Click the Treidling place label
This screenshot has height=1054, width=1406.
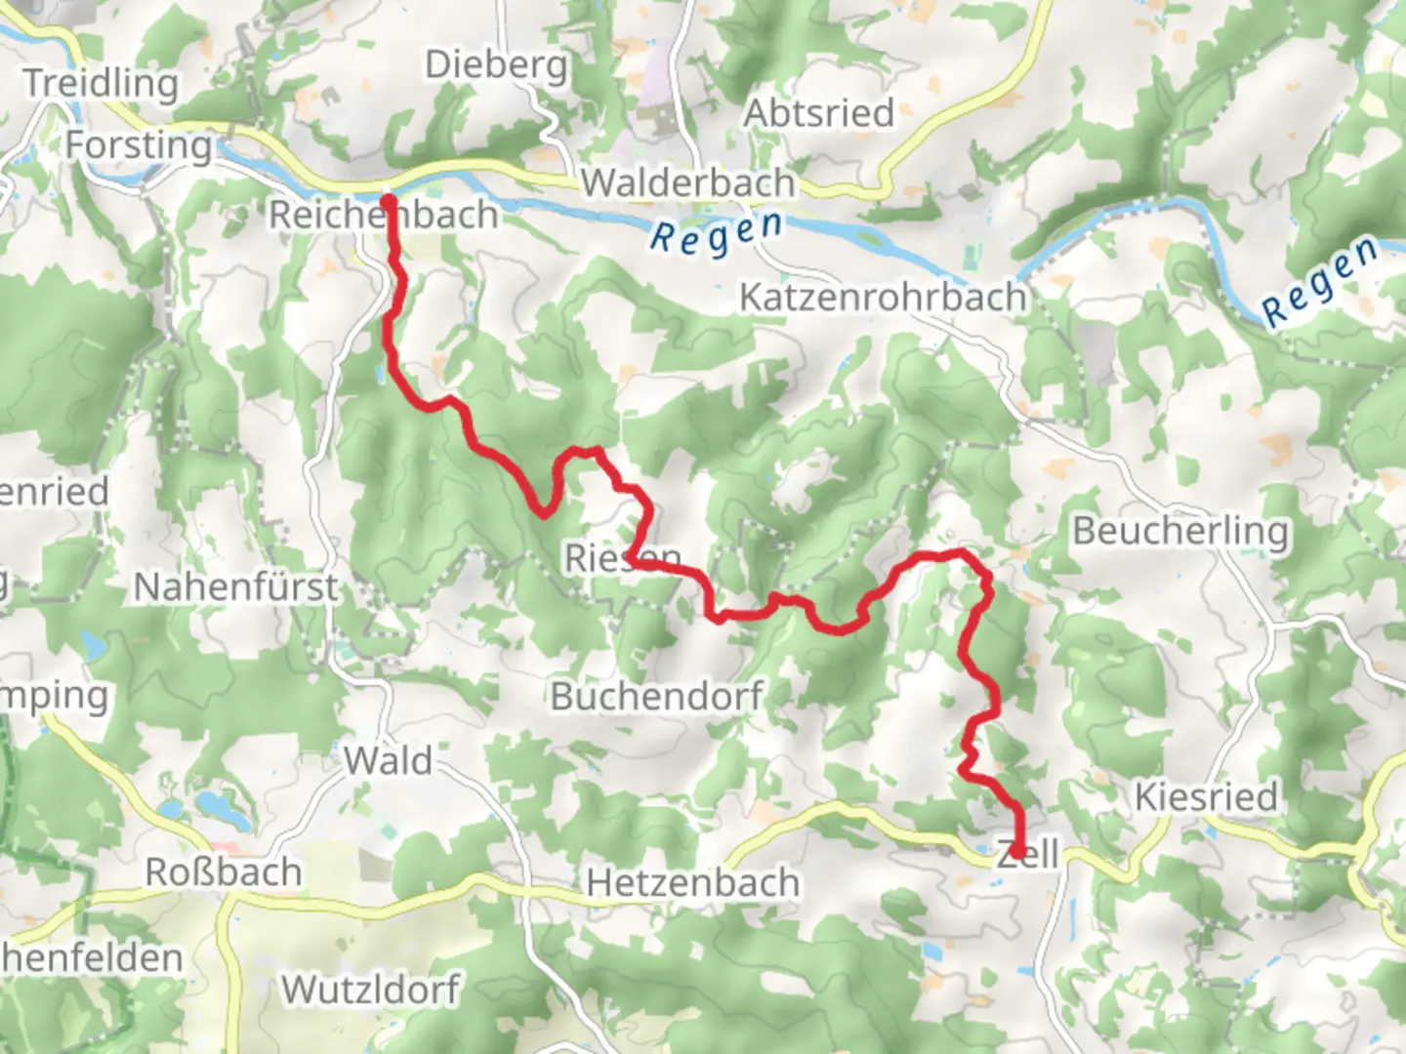[101, 83]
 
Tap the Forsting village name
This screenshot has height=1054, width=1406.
[139, 145]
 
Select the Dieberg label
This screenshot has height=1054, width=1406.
[496, 65]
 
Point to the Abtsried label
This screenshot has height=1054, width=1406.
[819, 113]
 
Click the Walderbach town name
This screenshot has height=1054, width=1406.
[688, 182]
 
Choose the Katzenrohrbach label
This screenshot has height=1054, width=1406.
[883, 297]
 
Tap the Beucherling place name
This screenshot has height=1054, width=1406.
[1180, 531]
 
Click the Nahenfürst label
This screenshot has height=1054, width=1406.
[235, 587]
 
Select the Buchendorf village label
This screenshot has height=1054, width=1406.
[656, 697]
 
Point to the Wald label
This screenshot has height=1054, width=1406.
[388, 760]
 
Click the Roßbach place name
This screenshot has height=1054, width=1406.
[224, 872]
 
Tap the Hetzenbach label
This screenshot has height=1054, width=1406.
[692, 883]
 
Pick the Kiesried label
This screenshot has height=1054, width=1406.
[1206, 797]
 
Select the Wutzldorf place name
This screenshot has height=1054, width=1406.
[371, 990]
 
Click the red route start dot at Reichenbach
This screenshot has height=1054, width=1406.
[388, 203]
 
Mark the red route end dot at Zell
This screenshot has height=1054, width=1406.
[1017, 853]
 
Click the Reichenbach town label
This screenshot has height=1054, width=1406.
[383, 215]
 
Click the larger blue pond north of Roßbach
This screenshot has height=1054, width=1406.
[212, 804]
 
